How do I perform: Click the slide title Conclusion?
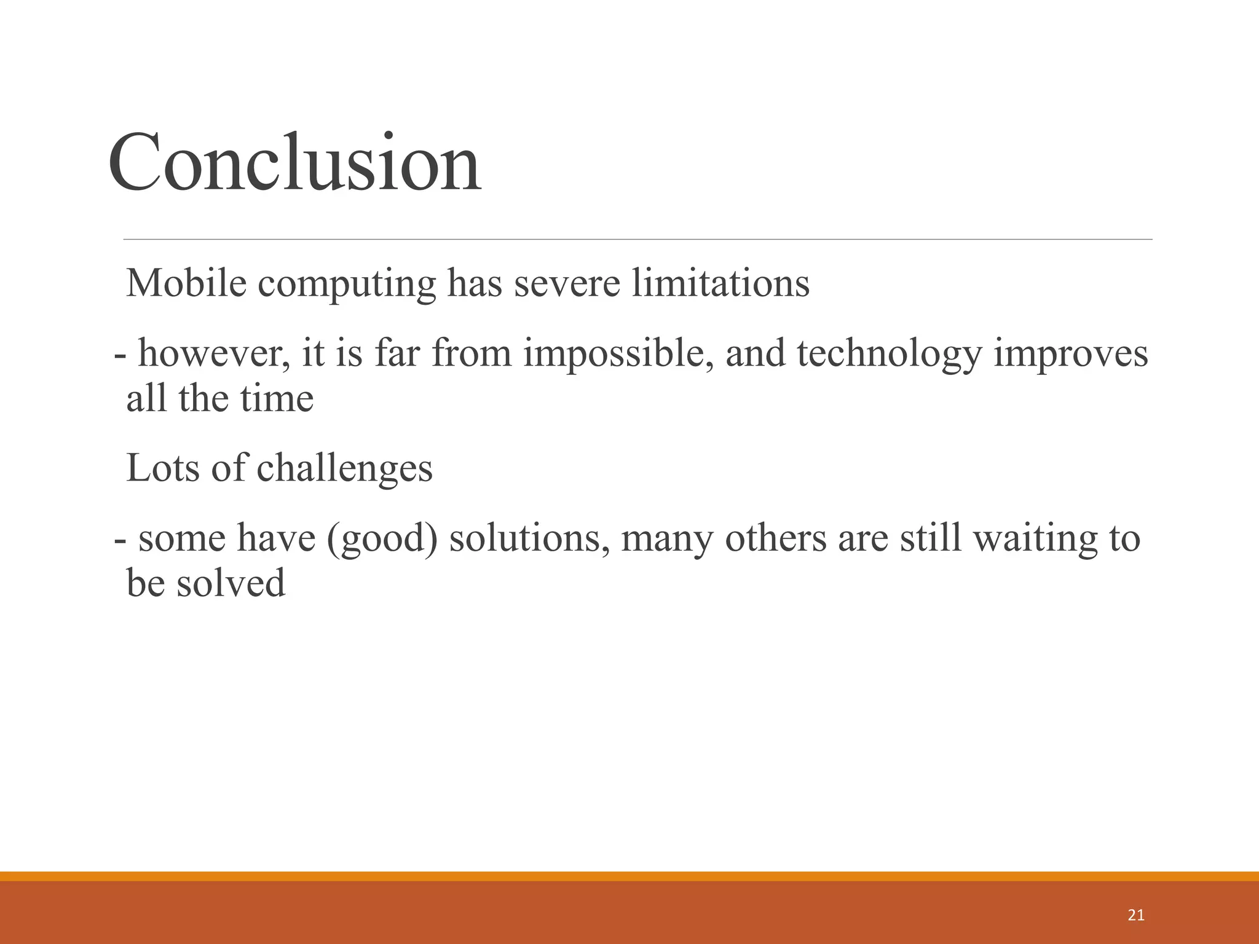click(294, 163)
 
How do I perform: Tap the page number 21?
click(1136, 915)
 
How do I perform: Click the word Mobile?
click(186, 283)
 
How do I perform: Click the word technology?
click(889, 355)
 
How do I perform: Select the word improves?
click(1070, 355)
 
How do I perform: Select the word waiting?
click(1032, 539)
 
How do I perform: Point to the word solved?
click(231, 583)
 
